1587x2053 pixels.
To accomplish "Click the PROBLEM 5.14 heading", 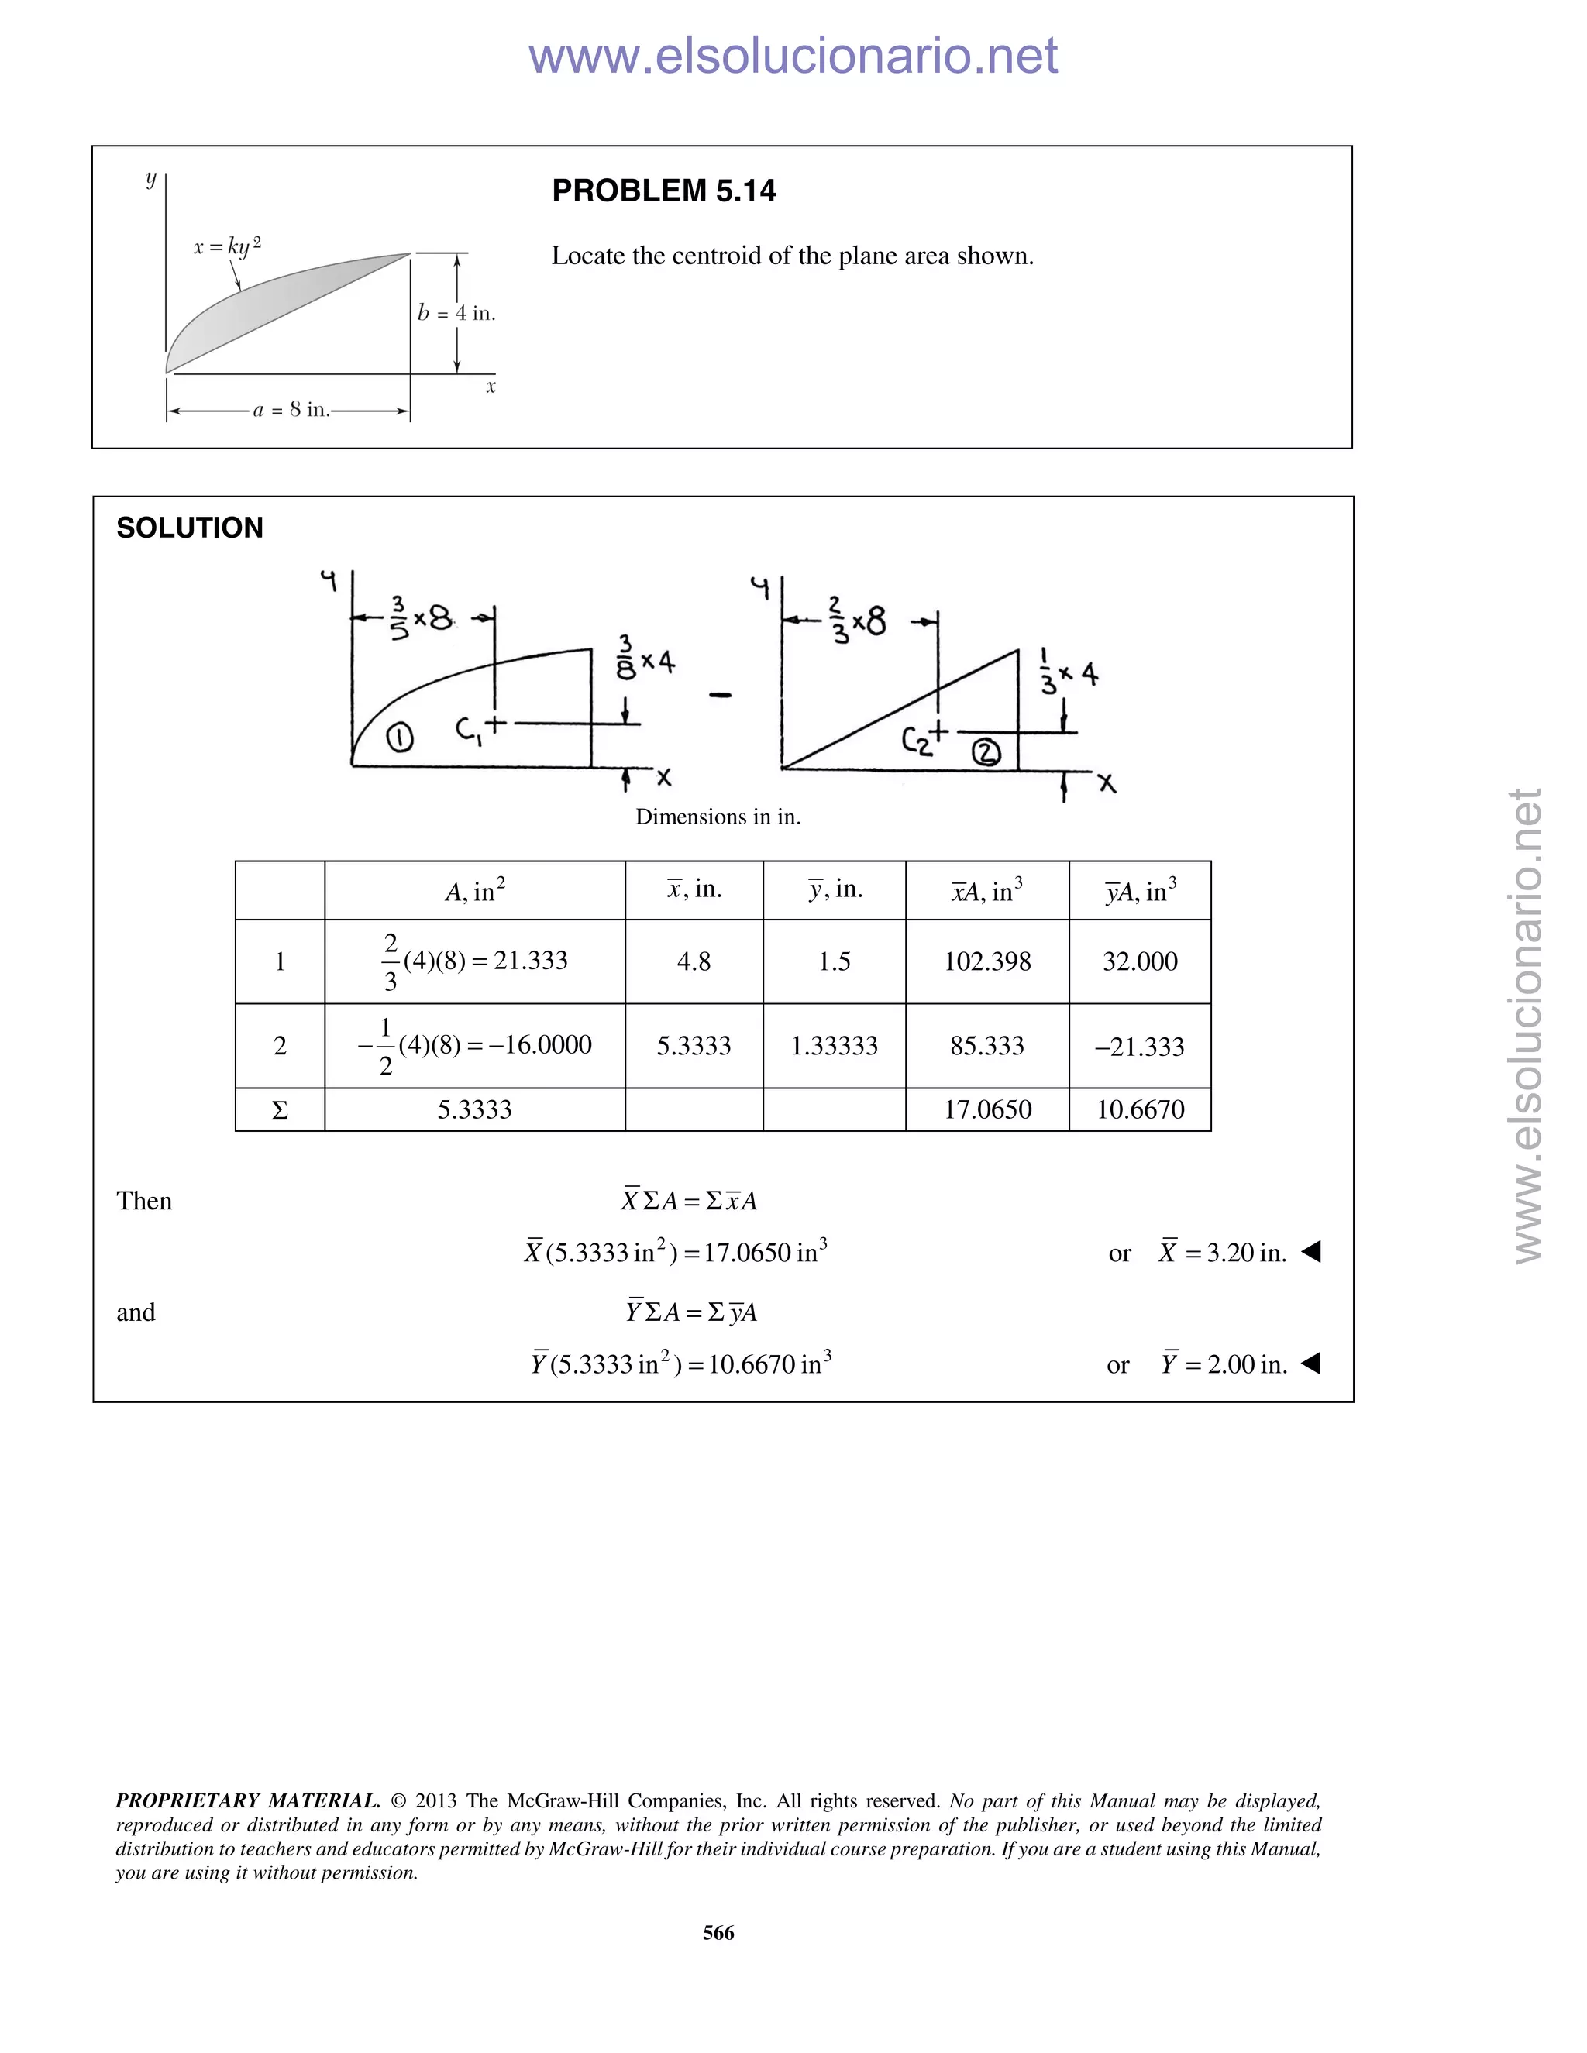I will [x=664, y=191].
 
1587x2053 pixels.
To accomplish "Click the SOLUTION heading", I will [x=189, y=528].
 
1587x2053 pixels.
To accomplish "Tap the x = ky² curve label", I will [x=226, y=246].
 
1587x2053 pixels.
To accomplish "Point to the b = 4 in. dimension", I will [x=457, y=313].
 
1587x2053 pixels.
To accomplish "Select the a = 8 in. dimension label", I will [x=291, y=410].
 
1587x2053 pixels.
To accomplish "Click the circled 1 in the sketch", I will [x=400, y=739].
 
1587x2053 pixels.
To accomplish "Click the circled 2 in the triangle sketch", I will [x=986, y=752].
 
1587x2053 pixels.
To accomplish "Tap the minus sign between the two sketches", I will [x=721, y=696].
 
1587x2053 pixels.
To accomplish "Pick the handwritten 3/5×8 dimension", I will [x=420, y=617].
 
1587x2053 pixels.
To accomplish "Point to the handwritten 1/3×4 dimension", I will [x=1068, y=673].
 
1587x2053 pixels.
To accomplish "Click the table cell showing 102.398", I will [x=987, y=961].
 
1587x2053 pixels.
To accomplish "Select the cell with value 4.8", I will [x=694, y=961].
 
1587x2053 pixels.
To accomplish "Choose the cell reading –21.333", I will [x=1139, y=1046].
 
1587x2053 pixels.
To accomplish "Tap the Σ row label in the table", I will [x=279, y=1110].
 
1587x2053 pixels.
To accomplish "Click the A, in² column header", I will [x=475, y=890].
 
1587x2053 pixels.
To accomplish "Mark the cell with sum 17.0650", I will [x=987, y=1110].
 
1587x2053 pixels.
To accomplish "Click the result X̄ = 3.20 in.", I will [x=1222, y=1253].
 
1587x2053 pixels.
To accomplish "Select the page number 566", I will [x=718, y=1933].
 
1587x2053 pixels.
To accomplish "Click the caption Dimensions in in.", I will [x=718, y=817].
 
